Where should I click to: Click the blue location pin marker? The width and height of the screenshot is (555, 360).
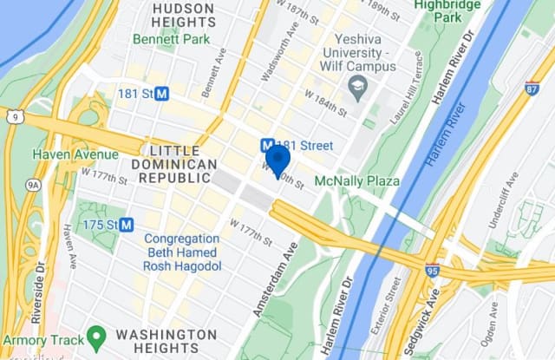tap(277, 159)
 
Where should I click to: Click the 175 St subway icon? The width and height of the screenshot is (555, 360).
tap(127, 225)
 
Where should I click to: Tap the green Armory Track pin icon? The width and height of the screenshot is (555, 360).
tap(96, 335)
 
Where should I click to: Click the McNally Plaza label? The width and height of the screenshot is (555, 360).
tap(356, 180)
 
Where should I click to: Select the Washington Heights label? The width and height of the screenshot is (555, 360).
tap(166, 341)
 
